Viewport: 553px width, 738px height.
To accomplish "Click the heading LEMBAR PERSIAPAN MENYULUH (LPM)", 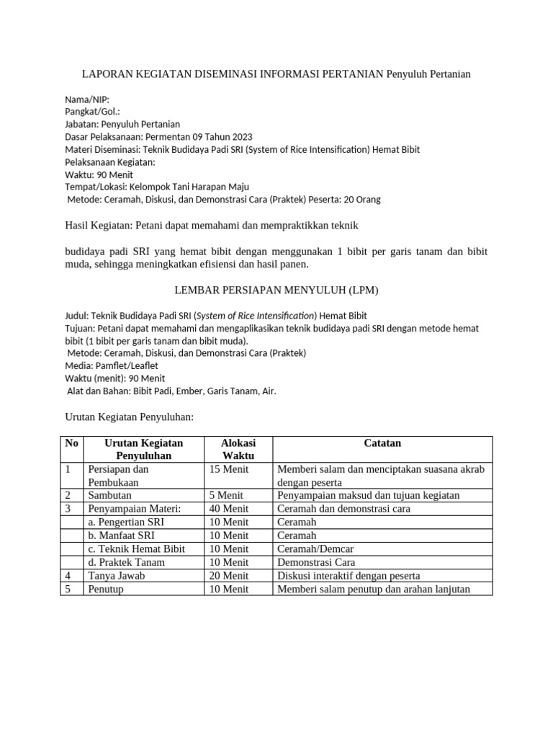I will (276, 290).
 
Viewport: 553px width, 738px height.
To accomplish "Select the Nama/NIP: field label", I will (87, 99).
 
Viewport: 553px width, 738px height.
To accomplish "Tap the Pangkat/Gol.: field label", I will (92, 112).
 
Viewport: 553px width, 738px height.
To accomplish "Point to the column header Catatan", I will (382, 443).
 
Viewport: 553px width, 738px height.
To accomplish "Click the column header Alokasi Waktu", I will (238, 450).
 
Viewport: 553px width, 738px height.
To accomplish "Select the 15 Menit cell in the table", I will (228, 470).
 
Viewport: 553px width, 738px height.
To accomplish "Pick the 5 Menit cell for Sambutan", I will (225, 496).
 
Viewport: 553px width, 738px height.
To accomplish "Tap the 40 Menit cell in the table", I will (228, 509).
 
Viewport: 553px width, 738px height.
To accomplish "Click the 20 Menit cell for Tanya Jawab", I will (228, 575).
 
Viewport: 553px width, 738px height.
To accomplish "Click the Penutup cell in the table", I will (106, 589).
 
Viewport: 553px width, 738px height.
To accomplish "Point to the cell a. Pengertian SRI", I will (125, 523).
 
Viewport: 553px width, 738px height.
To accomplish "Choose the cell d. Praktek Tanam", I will (126, 562).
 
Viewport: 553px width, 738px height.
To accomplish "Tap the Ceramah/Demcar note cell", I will (307, 549).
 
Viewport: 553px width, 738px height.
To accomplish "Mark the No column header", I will (71, 443).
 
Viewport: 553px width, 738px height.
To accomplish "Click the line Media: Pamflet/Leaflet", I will (112, 365).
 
